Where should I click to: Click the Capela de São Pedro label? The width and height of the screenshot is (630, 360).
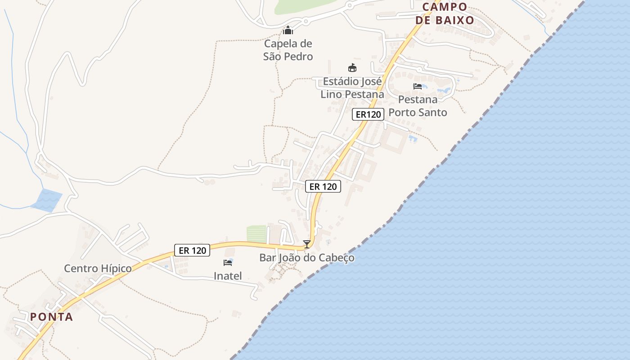click(288, 50)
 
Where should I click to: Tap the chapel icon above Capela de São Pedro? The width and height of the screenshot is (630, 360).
click(288, 31)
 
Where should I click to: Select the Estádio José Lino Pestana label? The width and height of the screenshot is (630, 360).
click(352, 88)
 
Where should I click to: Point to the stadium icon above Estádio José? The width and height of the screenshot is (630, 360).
click(352, 68)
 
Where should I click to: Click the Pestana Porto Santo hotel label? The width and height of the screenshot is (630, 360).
click(418, 106)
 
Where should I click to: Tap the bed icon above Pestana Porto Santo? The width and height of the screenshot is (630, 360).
click(418, 86)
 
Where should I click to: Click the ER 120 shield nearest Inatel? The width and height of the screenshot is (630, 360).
click(192, 250)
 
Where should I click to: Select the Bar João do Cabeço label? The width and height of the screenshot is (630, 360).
click(307, 258)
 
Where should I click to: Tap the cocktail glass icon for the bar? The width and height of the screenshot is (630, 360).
click(307, 244)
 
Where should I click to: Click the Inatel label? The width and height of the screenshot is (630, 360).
click(228, 276)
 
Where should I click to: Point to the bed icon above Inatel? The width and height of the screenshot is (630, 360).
click(228, 262)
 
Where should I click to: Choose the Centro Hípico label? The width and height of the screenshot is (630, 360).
click(98, 269)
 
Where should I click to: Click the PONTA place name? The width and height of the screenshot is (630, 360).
click(52, 317)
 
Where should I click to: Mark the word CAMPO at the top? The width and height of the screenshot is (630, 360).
click(445, 7)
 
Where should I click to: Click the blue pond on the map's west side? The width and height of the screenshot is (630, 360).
click(47, 200)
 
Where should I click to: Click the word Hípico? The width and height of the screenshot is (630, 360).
click(116, 269)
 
